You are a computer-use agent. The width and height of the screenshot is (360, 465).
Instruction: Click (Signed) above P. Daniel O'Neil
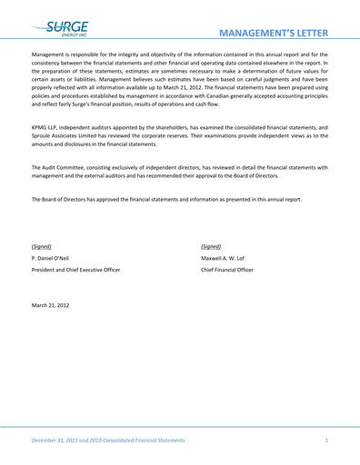[42, 246]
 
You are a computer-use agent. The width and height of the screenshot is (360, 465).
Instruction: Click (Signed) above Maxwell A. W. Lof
[211, 246]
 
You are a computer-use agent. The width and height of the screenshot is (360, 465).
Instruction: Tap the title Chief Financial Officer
[227, 270]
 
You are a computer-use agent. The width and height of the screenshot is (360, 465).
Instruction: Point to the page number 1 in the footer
[325, 440]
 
